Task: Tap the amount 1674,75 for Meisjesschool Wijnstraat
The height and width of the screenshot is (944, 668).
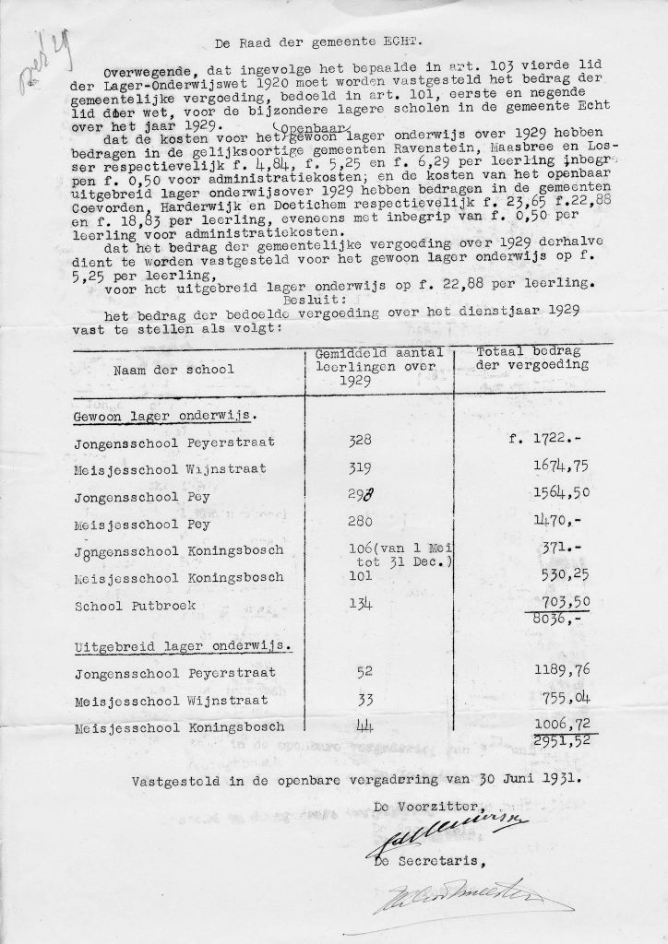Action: coord(543,469)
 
